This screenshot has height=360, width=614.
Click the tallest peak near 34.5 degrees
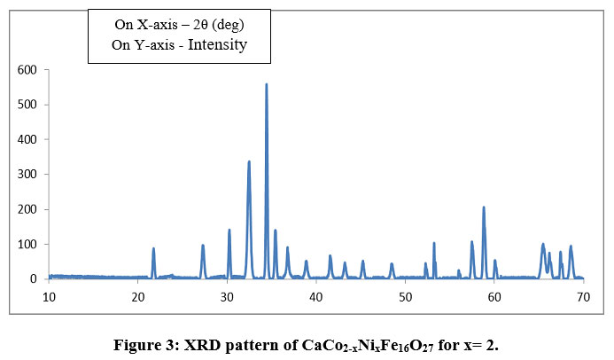(x=266, y=85)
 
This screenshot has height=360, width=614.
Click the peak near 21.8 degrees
(x=153, y=249)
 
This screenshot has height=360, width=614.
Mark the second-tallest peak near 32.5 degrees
(x=249, y=162)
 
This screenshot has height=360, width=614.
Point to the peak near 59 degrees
(x=484, y=207)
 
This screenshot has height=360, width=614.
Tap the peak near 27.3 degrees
(x=203, y=246)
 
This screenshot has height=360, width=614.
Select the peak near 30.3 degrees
(x=229, y=231)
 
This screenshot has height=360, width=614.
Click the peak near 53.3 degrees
(x=434, y=243)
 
